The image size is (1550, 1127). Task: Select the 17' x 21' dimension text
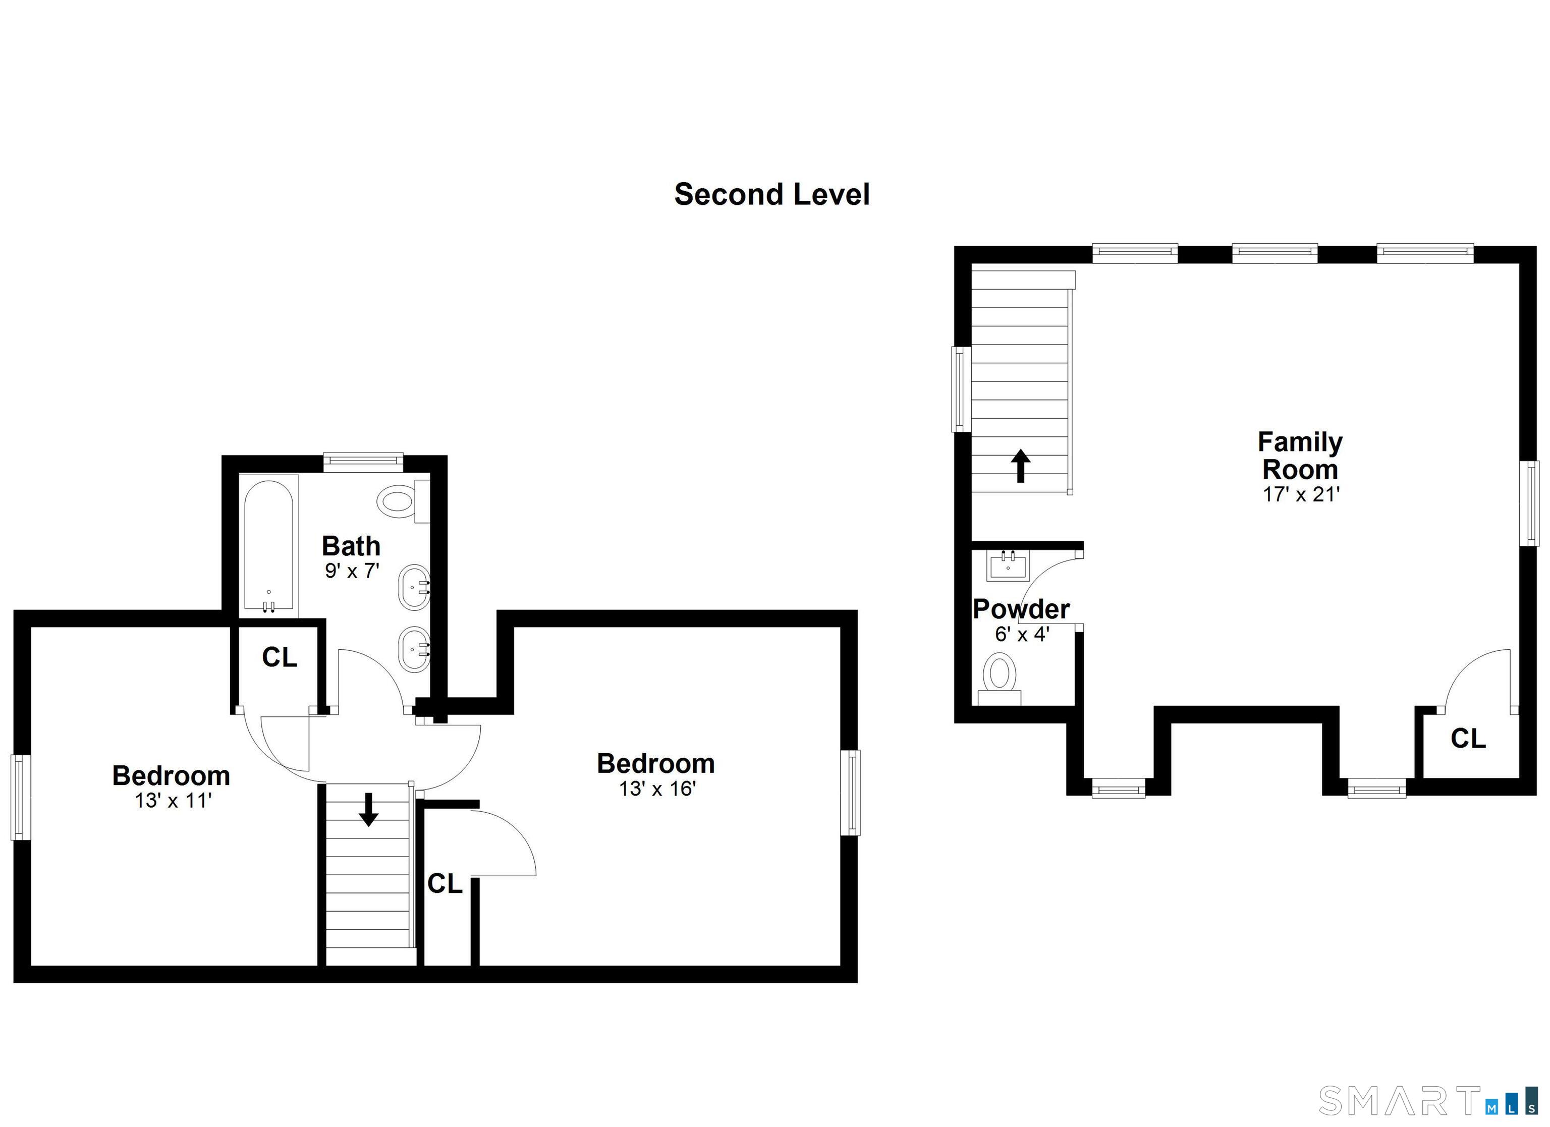(1301, 494)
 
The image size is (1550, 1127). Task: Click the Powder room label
(1021, 608)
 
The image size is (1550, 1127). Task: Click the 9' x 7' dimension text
(351, 571)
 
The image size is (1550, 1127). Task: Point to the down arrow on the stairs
(369, 809)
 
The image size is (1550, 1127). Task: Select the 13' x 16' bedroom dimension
(657, 788)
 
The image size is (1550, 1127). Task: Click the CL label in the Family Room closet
(1468, 739)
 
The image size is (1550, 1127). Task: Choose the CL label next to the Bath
(280, 657)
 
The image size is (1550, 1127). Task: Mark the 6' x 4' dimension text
(1022, 634)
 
